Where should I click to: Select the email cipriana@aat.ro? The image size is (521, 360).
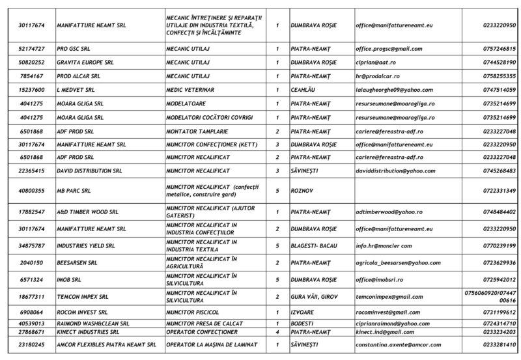[x=376, y=62]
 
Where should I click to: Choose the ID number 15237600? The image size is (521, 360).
[x=32, y=90]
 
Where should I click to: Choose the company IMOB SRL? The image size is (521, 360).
[x=69, y=280]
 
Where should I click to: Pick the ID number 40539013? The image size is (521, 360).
[x=32, y=323]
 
